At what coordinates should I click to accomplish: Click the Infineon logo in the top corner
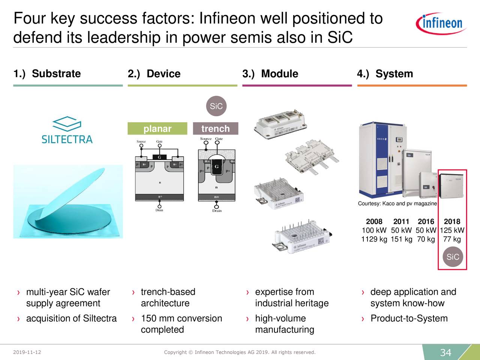pyautogui.click(x=441, y=23)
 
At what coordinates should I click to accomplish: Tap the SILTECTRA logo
pyautogui.click(x=67, y=131)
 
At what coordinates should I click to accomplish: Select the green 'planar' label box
pyautogui.click(x=157, y=129)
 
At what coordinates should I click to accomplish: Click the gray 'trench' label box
pyautogui.click(x=215, y=129)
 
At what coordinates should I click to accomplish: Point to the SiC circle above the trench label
pyautogui.click(x=216, y=106)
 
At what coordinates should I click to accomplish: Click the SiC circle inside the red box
pyautogui.click(x=453, y=257)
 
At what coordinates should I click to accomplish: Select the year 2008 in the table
pyautogui.click(x=374, y=221)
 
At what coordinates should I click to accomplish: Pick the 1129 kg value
pyautogui.click(x=374, y=239)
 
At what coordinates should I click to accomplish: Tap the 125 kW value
pyautogui.click(x=452, y=230)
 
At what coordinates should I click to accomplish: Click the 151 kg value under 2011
pyautogui.click(x=401, y=239)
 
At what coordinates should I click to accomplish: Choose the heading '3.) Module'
pyautogui.click(x=270, y=74)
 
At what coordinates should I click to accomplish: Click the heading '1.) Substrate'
pyautogui.click(x=47, y=74)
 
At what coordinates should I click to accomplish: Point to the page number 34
pyautogui.click(x=445, y=352)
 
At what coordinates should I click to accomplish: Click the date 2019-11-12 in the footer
pyautogui.click(x=27, y=352)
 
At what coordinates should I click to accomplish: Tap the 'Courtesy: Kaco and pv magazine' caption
pyautogui.click(x=397, y=204)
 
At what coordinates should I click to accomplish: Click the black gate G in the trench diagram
pyautogui.click(x=216, y=167)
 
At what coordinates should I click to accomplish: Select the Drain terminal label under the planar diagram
pyautogui.click(x=159, y=210)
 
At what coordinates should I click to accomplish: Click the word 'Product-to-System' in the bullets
pyautogui.click(x=409, y=318)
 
